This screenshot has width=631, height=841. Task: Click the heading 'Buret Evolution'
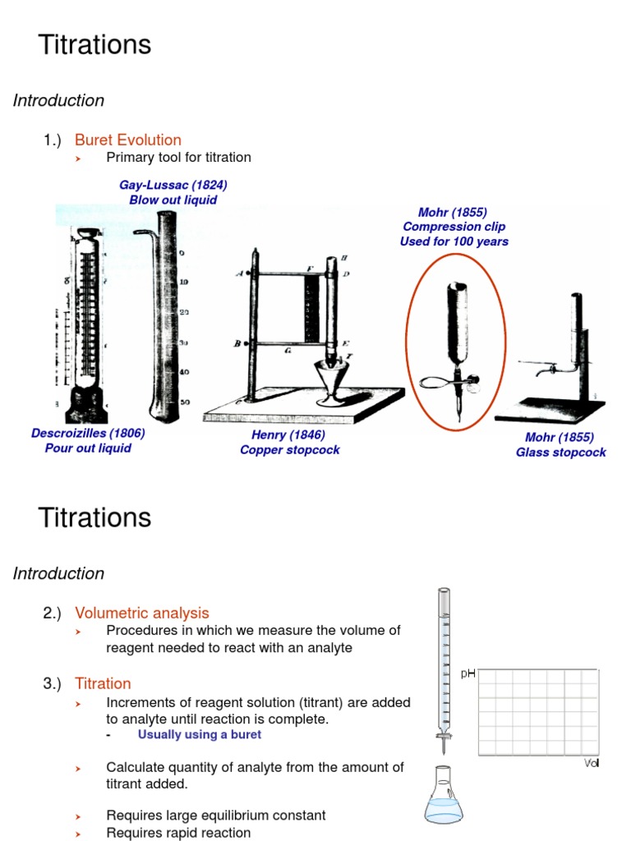click(x=127, y=140)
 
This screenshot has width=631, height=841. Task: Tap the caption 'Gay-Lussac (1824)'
click(x=173, y=185)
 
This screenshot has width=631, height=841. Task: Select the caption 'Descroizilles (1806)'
click(x=88, y=434)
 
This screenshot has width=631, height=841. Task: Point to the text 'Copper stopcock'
click(x=289, y=450)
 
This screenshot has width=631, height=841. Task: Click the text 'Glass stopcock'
click(x=560, y=453)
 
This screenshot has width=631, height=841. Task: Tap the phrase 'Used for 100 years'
click(x=454, y=241)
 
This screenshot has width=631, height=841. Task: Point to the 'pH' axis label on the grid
click(x=467, y=673)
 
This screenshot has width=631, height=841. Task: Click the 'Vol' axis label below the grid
click(x=592, y=763)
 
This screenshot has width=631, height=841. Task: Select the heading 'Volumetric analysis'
click(x=141, y=613)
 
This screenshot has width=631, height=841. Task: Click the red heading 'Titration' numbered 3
click(x=103, y=683)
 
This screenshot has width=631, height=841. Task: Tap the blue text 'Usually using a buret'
click(x=199, y=735)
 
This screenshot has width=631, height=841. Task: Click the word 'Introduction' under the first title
click(x=58, y=100)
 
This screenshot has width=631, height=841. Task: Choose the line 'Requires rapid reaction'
click(x=178, y=833)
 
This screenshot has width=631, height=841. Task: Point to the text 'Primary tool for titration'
click(x=178, y=157)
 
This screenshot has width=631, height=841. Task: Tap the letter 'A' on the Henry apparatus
click(x=239, y=274)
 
